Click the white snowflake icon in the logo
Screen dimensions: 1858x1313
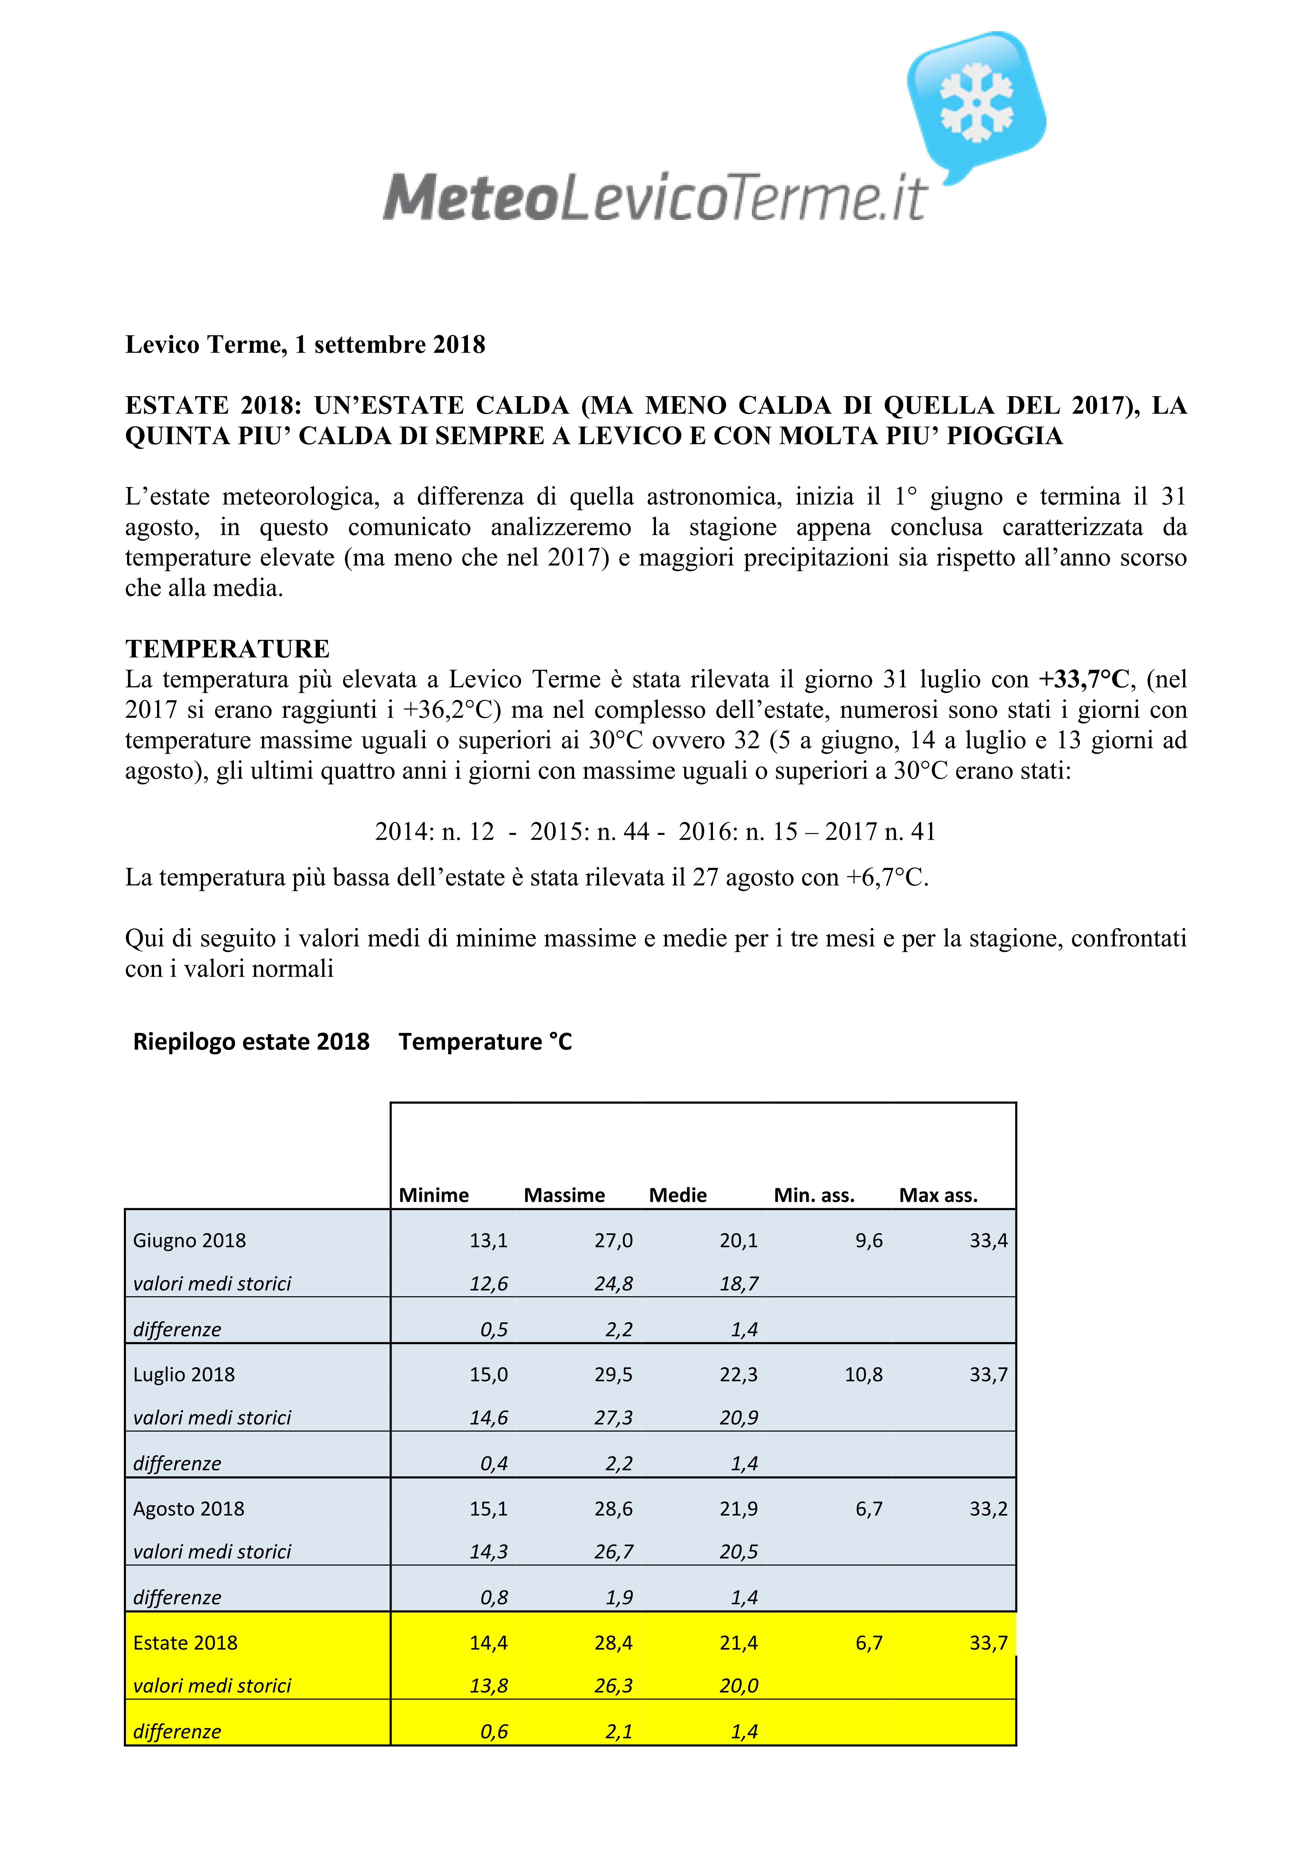pyautogui.click(x=976, y=103)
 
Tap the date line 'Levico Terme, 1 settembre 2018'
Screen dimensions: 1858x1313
pyautogui.click(x=305, y=345)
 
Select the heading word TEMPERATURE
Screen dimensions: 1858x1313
pyautogui.click(x=227, y=649)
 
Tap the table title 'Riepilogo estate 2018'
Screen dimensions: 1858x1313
pyautogui.click(x=251, y=1042)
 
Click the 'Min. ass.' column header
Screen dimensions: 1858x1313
pyautogui.click(x=814, y=1195)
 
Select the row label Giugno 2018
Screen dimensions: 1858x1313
pyautogui.click(x=189, y=1240)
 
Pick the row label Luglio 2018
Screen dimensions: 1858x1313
pyautogui.click(x=184, y=1375)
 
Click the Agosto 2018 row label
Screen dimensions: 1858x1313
pyautogui.click(x=188, y=1509)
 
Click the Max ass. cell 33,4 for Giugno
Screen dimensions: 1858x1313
pyautogui.click(x=989, y=1240)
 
